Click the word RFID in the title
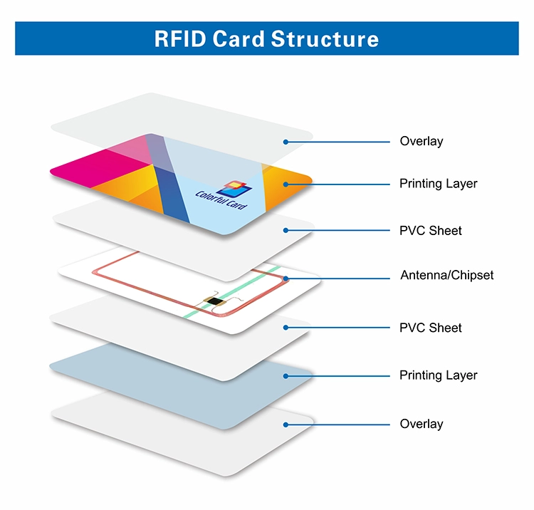pos(180,38)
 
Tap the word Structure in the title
pos(325,38)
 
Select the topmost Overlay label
pos(422,141)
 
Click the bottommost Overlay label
pos(422,424)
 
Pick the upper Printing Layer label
pos(439,184)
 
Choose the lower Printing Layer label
pos(439,375)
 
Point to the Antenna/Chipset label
pos(447,275)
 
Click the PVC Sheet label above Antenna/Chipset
pos(431,231)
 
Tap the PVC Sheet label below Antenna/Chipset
pos(431,328)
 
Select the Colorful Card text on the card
pos(221,199)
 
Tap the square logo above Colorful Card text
pos(235,188)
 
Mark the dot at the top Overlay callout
pos(286,142)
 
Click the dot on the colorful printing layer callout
pos(286,184)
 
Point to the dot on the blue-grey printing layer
pos(286,376)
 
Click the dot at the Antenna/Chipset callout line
pos(286,279)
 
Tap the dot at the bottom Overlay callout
pos(286,425)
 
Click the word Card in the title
pos(239,38)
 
